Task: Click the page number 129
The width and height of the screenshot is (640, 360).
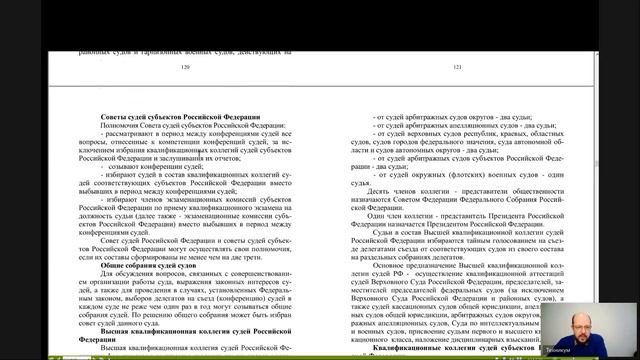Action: pos(184,67)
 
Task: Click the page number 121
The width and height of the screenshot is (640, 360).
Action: pos(458,67)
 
